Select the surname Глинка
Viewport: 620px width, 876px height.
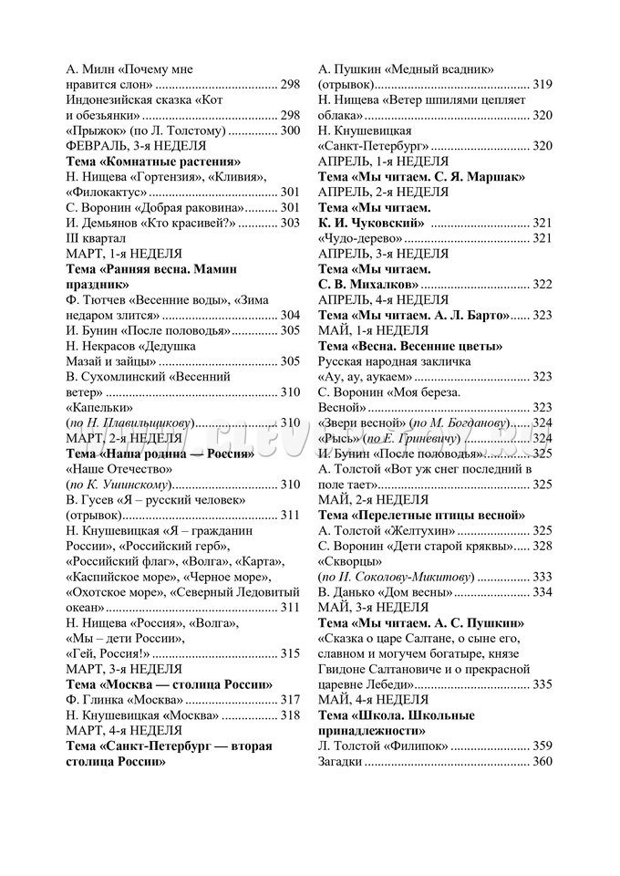(108, 700)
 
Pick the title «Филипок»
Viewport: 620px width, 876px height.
(415, 746)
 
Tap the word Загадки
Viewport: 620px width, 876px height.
(340, 761)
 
